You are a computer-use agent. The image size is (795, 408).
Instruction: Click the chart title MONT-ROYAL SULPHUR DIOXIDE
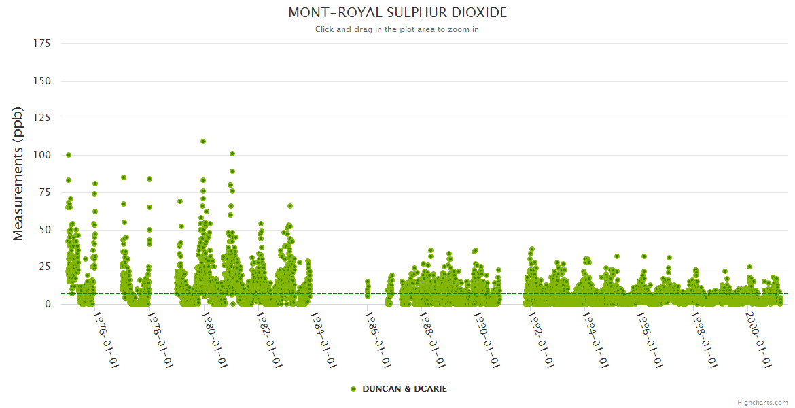pyautogui.click(x=397, y=13)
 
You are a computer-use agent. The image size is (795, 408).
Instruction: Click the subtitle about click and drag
pyautogui.click(x=397, y=29)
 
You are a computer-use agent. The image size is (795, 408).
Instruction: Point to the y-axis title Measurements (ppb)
pyautogui.click(x=18, y=173)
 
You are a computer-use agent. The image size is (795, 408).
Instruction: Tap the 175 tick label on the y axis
pyautogui.click(x=42, y=44)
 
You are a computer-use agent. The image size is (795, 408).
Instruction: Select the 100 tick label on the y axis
pyautogui.click(x=42, y=155)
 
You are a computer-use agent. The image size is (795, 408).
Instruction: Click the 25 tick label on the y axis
pyautogui.click(x=45, y=267)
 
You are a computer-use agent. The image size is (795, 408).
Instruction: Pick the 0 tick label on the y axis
pyautogui.click(x=48, y=304)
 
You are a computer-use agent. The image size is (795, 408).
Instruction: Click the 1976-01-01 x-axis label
pyautogui.click(x=106, y=341)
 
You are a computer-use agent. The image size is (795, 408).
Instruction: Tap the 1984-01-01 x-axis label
pyautogui.click(x=323, y=341)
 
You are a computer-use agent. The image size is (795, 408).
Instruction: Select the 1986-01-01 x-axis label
pyautogui.click(x=378, y=341)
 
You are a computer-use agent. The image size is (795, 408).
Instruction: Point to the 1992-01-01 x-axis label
pyautogui.click(x=541, y=341)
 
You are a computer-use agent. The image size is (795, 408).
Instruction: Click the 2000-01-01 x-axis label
pyautogui.click(x=758, y=341)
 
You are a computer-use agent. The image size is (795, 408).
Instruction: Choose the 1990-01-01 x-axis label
pyautogui.click(x=487, y=341)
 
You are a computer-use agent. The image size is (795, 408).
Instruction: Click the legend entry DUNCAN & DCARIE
pyautogui.click(x=404, y=389)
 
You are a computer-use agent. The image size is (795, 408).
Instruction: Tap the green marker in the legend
pyautogui.click(x=353, y=389)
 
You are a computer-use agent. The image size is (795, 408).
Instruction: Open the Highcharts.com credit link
pyautogui.click(x=762, y=403)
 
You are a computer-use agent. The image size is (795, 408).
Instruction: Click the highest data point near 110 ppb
pyautogui.click(x=203, y=141)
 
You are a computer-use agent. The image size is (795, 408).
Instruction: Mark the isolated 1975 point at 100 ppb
pyautogui.click(x=69, y=155)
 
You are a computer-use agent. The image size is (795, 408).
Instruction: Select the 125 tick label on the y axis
pyautogui.click(x=42, y=118)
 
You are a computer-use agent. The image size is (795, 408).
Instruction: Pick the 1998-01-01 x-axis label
pyautogui.click(x=704, y=341)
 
